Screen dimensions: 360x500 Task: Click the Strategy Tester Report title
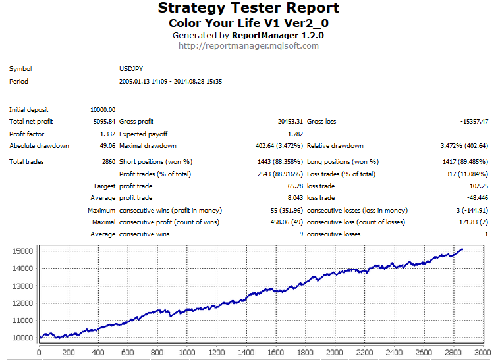click(x=249, y=9)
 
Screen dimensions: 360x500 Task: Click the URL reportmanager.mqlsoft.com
click(x=249, y=46)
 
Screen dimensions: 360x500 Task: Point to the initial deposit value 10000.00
click(x=103, y=109)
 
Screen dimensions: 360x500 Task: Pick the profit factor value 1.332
click(x=107, y=134)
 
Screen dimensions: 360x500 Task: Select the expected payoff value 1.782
click(x=295, y=134)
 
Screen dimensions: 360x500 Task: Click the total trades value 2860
click(x=107, y=162)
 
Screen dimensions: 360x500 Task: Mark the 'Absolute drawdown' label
click(x=39, y=146)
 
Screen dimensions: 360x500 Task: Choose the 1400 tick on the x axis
click(x=246, y=353)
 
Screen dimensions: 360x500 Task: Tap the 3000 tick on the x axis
click(x=483, y=353)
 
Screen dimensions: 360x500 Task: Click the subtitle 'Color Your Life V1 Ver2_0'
click(x=249, y=22)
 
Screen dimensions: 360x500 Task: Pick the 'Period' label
click(x=18, y=82)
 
